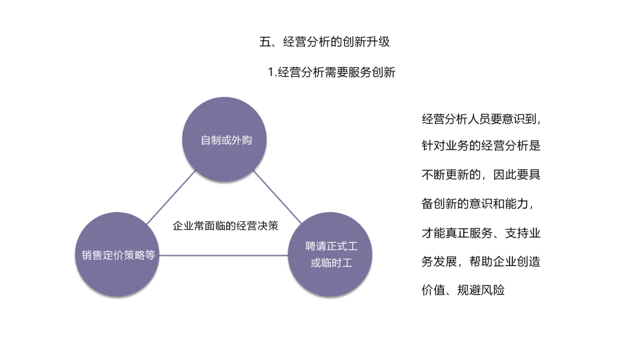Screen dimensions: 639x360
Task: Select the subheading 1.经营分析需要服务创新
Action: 331,73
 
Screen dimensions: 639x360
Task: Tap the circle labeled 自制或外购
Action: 225,140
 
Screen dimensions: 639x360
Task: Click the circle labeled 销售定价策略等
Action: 118,255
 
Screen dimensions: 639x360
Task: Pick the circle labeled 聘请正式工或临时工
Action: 331,255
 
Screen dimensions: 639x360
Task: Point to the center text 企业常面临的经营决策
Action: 225,226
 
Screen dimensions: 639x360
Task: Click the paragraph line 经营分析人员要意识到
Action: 480,119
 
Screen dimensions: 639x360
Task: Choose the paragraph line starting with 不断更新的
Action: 480,175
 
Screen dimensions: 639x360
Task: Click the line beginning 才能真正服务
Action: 480,233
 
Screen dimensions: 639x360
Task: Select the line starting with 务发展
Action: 480,262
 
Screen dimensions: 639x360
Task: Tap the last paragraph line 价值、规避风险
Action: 463,291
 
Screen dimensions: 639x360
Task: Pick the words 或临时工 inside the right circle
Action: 331,263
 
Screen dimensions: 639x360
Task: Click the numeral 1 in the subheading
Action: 270,73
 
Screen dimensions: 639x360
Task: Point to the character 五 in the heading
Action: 265,42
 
